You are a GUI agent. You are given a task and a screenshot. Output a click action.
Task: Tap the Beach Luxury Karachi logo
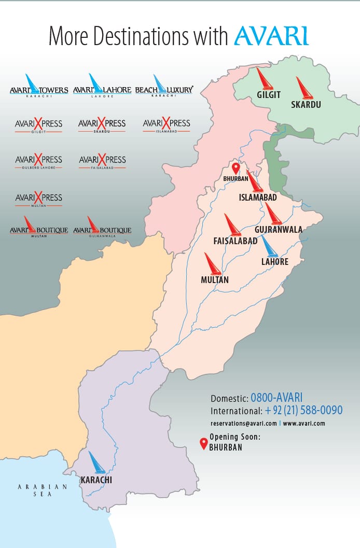pos(164,88)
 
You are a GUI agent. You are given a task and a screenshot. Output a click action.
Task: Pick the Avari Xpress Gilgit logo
pos(39,124)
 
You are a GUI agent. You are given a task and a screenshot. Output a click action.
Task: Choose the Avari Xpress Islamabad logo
pos(167,124)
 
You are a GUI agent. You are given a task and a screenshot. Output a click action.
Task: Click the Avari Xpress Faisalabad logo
pos(102,161)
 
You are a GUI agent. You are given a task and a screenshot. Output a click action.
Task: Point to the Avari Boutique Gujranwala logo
pos(102,228)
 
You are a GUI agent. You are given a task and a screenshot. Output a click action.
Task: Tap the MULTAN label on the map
pos(215,279)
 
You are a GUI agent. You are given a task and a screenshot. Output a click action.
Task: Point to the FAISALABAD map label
pos(236,241)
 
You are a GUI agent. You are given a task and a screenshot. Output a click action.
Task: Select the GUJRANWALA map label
pos(279,229)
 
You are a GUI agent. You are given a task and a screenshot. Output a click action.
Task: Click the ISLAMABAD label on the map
pos(258,198)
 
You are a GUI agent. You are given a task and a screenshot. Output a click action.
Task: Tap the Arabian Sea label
pos(43,490)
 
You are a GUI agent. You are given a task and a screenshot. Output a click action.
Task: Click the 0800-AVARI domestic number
pos(276,398)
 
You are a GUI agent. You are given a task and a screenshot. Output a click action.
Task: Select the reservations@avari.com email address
pos(244,423)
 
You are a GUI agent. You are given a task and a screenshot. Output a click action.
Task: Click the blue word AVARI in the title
pos(271,36)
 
